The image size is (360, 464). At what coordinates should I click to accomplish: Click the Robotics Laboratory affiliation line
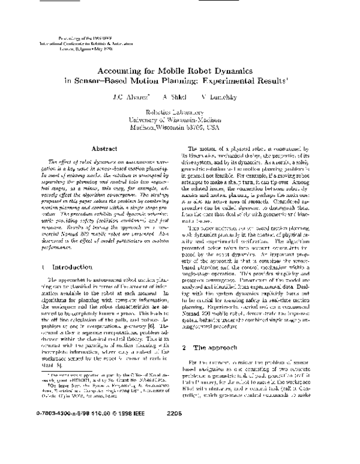click(179, 112)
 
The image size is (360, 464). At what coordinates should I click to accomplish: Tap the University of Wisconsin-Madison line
click(179, 119)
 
